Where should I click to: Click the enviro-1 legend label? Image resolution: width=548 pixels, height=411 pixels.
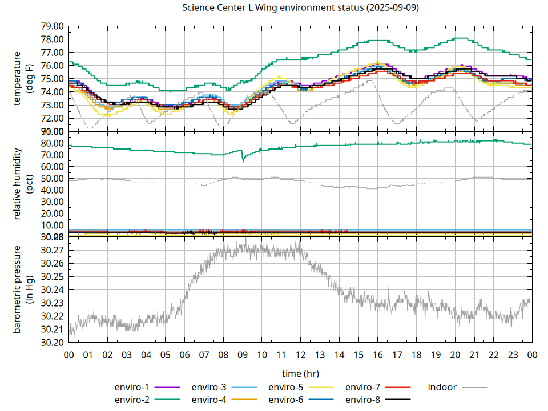click(132, 387)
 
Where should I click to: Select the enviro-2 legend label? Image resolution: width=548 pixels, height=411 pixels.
click(132, 400)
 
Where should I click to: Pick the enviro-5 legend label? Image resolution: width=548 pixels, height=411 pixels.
click(286, 387)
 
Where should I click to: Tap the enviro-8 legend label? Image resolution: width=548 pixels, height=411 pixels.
click(363, 400)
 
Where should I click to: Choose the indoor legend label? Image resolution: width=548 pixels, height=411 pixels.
click(442, 387)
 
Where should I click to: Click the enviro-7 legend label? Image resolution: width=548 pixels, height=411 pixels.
click(363, 387)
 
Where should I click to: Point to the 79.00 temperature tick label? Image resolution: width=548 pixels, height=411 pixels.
click(52, 26)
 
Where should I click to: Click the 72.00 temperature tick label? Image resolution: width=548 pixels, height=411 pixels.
click(52, 118)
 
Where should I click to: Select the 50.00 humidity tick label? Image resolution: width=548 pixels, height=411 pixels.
click(52, 179)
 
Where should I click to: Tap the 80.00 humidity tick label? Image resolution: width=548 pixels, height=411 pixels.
click(52, 143)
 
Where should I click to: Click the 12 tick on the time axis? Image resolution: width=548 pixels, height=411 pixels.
click(300, 354)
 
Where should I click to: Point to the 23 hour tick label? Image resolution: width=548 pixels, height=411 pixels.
click(513, 354)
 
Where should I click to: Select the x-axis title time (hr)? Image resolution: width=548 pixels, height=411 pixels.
click(300, 373)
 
